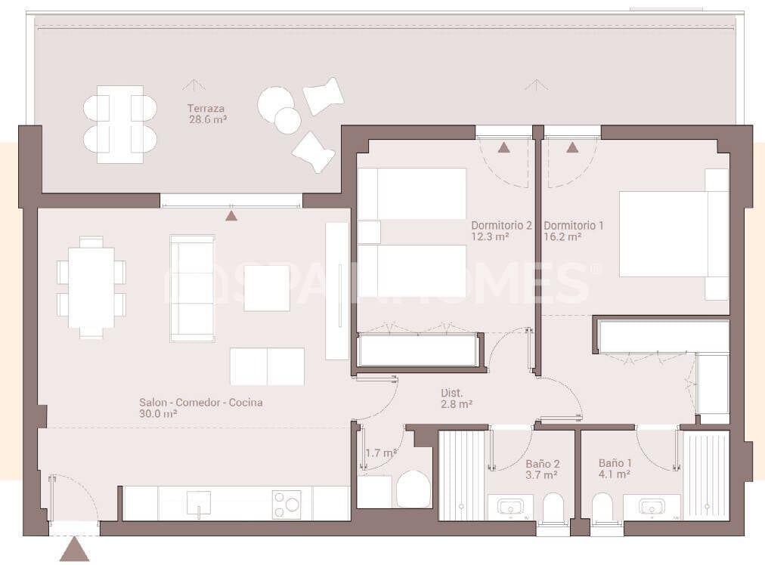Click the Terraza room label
[x=207, y=108]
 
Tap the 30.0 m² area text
[x=158, y=414]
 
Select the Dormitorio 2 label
[x=501, y=225]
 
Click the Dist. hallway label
[x=452, y=393]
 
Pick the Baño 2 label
[x=542, y=464]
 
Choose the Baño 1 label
[x=615, y=463]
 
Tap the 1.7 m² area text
[x=381, y=453]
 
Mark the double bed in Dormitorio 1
[x=665, y=234]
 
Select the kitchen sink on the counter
[x=199, y=502]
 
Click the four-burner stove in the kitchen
[x=286, y=504]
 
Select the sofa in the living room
[x=192, y=288]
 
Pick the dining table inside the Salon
[x=91, y=287]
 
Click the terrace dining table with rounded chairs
[x=120, y=124]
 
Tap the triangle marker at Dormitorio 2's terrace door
[x=503, y=147]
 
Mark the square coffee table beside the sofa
[x=267, y=288]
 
